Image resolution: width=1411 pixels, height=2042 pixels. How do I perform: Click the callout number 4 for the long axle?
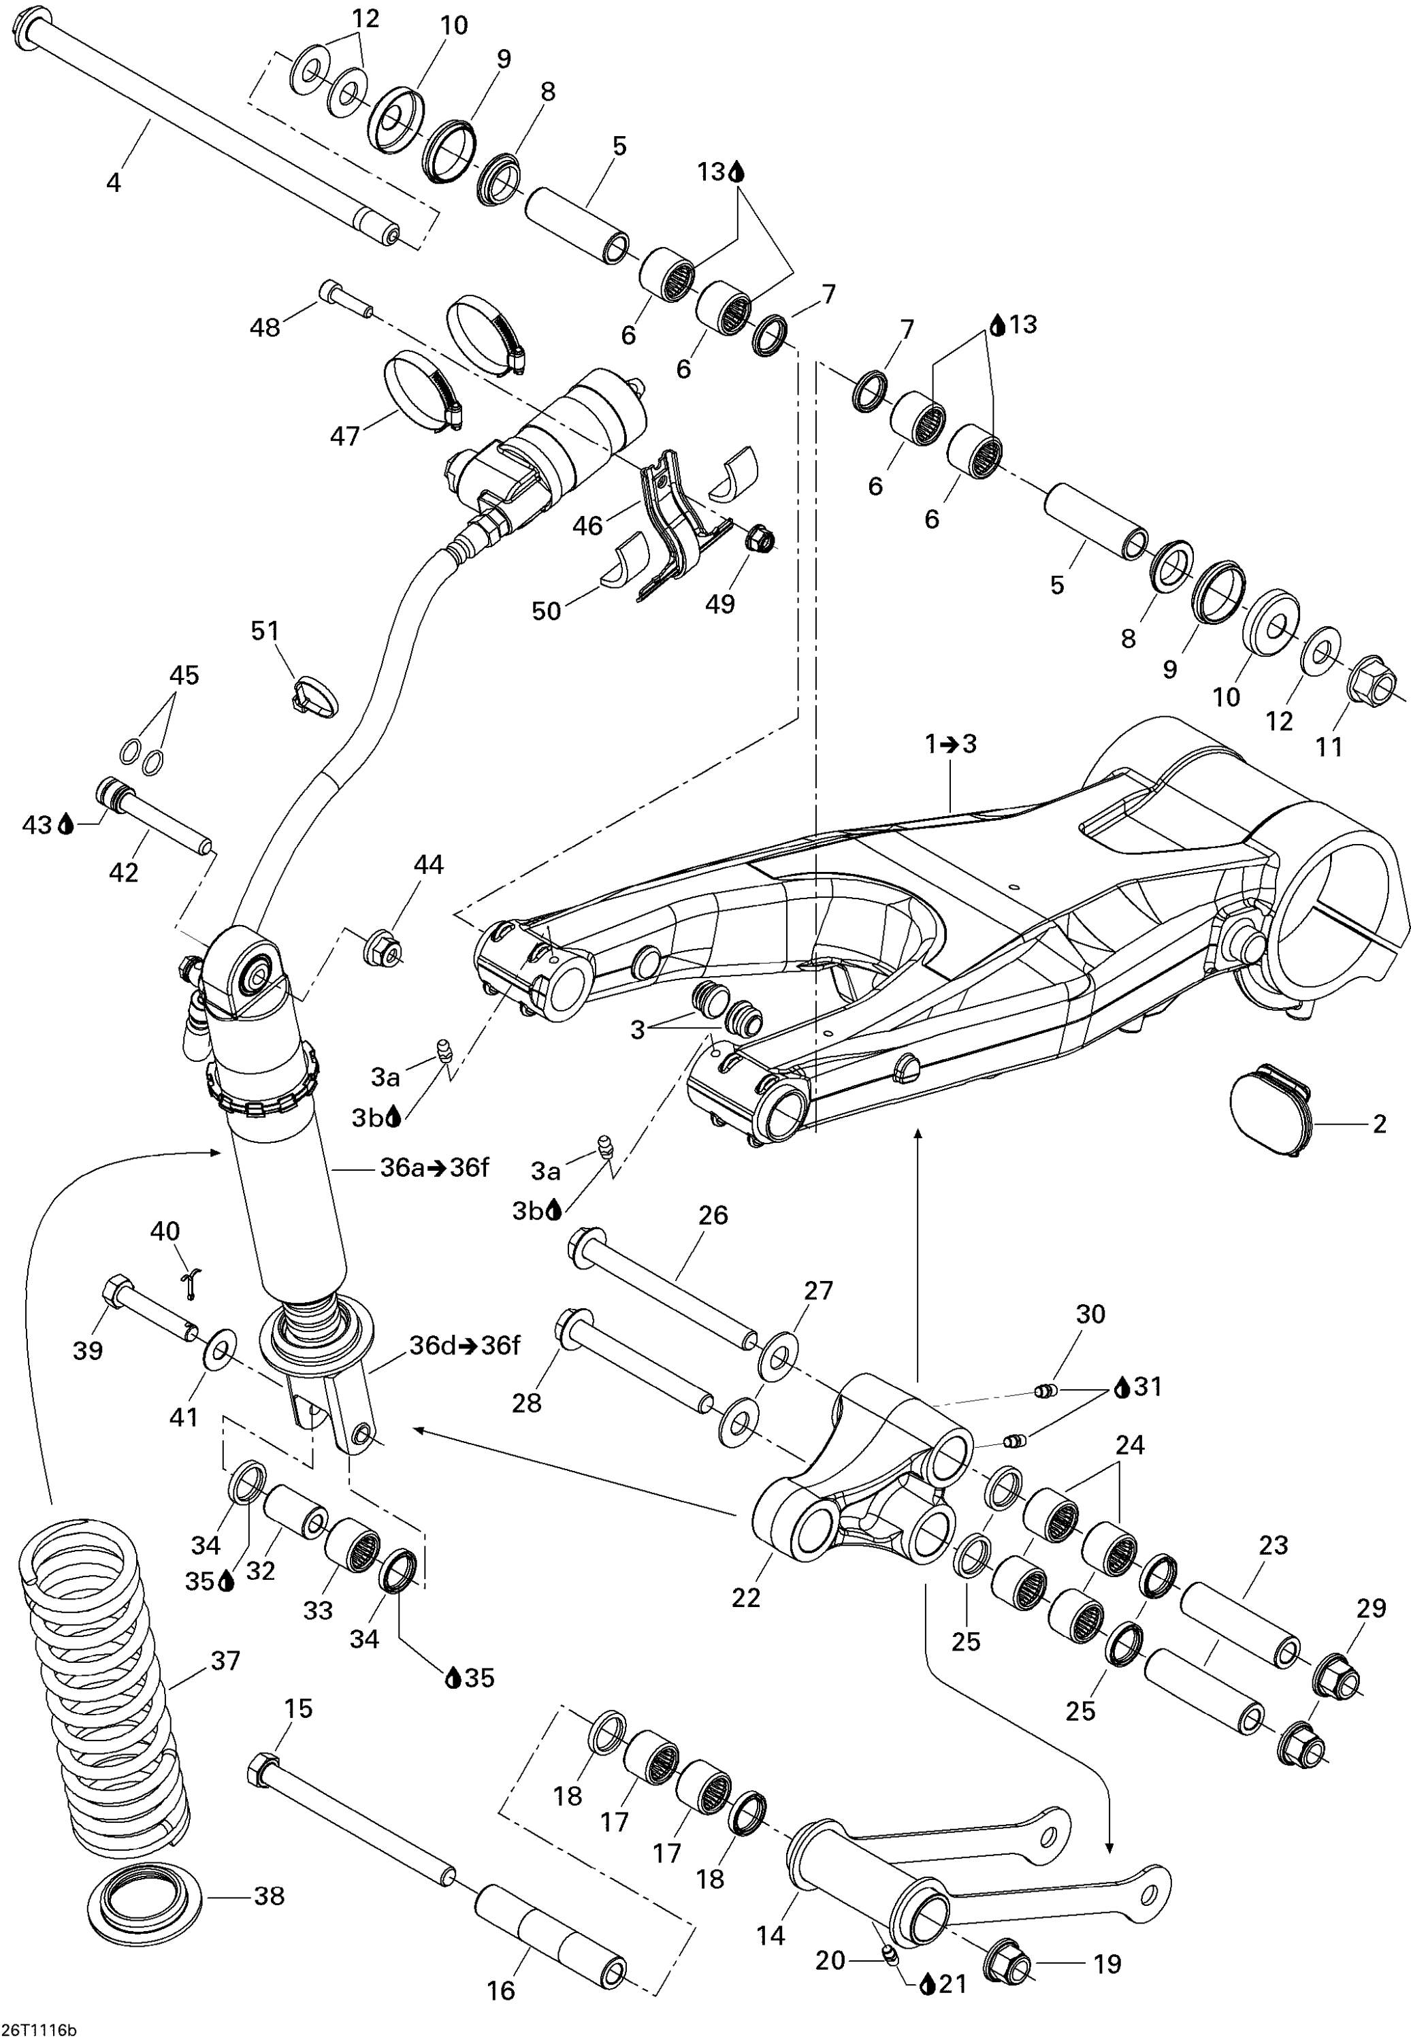tap(113, 183)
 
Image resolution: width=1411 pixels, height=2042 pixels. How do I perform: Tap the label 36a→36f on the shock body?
tap(434, 1168)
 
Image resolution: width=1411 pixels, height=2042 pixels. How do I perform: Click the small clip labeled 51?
tap(313, 695)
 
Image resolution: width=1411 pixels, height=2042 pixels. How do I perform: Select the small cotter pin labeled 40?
tap(192, 1281)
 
